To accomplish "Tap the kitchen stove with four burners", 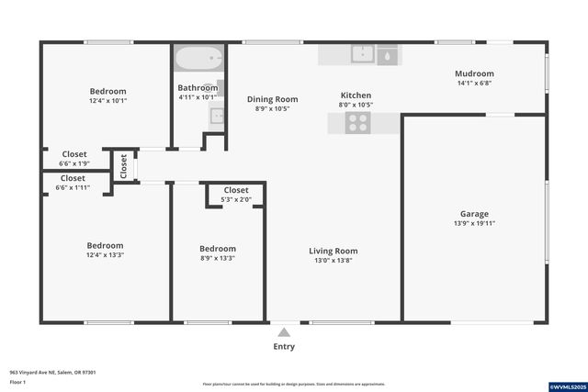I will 358,123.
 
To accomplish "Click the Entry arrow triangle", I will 284,332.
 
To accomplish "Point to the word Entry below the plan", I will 284,347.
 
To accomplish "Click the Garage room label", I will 474,213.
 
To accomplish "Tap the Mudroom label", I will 474,73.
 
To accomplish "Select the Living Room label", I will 333,251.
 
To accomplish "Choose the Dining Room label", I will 272,98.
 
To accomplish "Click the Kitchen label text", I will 356,95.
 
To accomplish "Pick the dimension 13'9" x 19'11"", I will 474,223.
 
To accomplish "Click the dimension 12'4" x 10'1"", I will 107,101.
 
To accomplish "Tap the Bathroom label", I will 198,87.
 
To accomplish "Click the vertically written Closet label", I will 123,166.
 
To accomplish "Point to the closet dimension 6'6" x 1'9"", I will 74,163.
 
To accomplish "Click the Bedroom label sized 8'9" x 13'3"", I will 218,248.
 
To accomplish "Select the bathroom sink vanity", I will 216,116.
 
